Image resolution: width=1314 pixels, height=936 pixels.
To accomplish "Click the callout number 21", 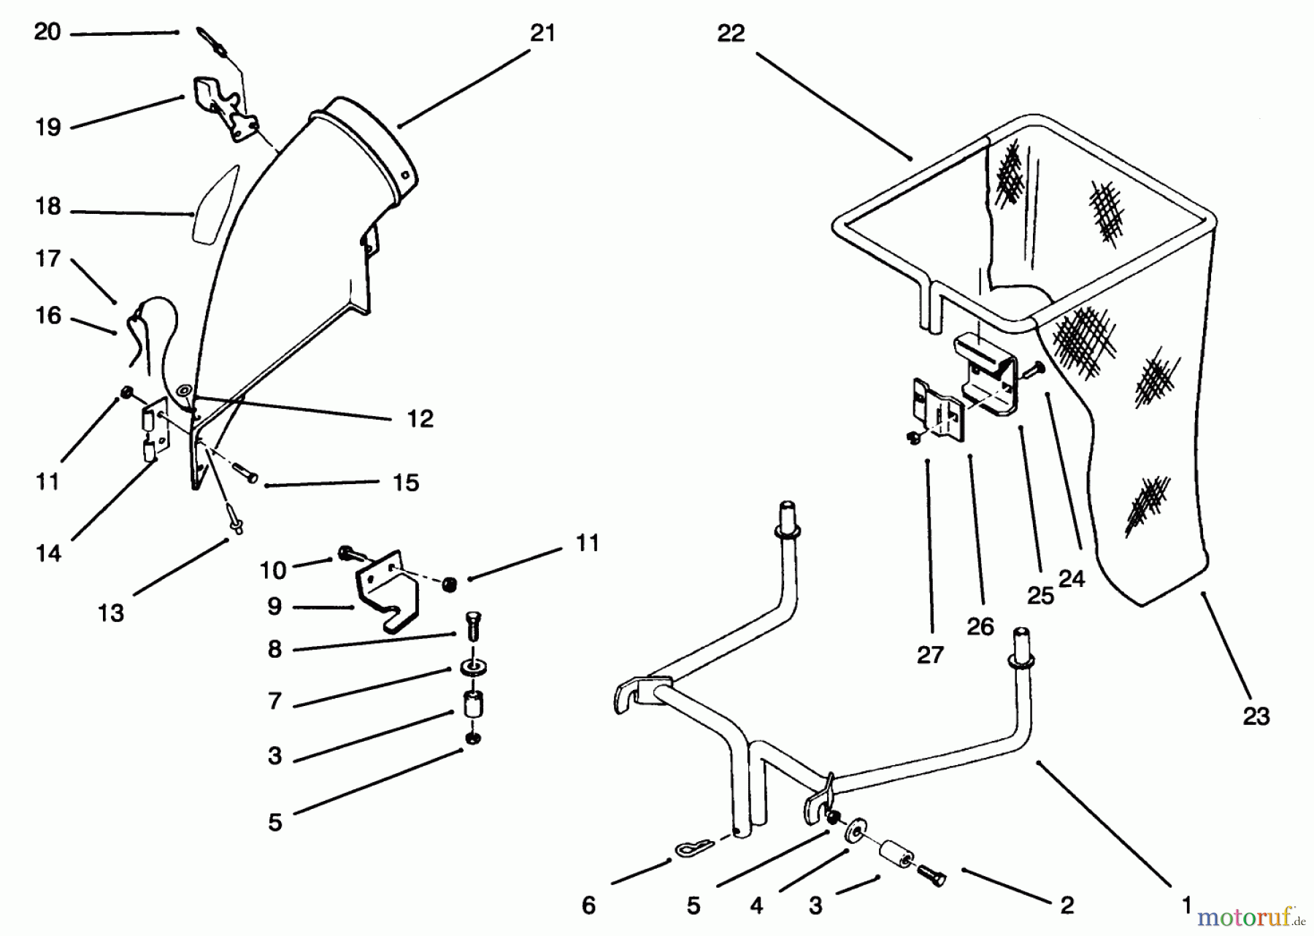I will click(542, 34).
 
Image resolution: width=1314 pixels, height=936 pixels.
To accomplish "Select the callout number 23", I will click(1256, 716).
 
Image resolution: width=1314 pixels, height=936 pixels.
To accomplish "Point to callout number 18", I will click(48, 207).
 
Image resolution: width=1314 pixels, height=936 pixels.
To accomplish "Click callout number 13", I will click(111, 613).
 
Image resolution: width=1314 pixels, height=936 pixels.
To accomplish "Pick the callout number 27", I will click(930, 655).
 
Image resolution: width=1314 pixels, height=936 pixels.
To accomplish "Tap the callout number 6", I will click(588, 905).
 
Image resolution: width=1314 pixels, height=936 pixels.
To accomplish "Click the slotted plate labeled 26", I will click(936, 410).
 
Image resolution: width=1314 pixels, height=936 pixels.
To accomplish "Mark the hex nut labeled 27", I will click(913, 438).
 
